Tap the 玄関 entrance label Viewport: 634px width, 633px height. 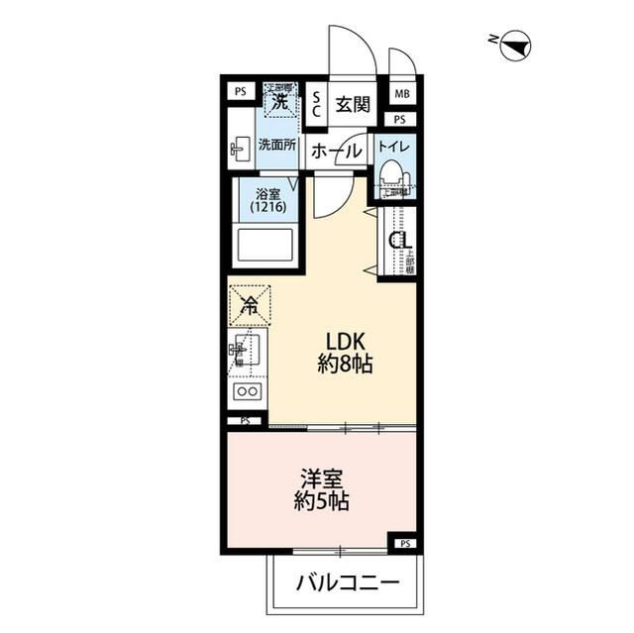(351, 104)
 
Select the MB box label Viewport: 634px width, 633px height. (401, 94)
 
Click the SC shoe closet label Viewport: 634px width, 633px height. (316, 104)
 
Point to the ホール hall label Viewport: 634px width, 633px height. (335, 151)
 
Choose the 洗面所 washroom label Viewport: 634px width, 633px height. (277, 145)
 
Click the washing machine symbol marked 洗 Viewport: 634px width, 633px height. (280, 100)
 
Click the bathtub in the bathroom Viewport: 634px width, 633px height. (264, 244)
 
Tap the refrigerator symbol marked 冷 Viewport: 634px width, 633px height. (250, 306)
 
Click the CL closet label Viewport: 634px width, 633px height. (399, 241)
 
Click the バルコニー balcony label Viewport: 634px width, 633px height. (347, 581)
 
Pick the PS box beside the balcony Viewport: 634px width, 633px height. (404, 544)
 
